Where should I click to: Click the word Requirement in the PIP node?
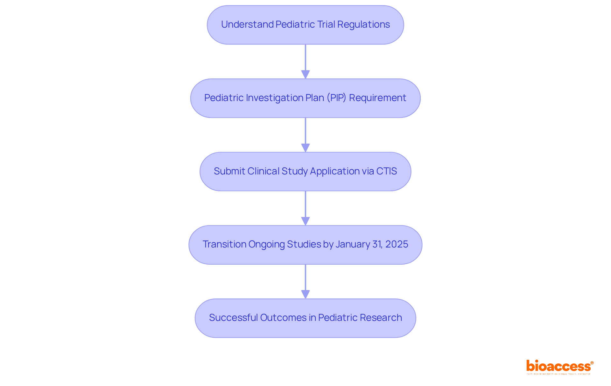[x=377, y=98]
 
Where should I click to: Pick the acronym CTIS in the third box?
[x=386, y=171]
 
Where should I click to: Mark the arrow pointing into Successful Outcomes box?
[x=305, y=281]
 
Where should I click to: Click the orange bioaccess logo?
[x=559, y=367]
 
